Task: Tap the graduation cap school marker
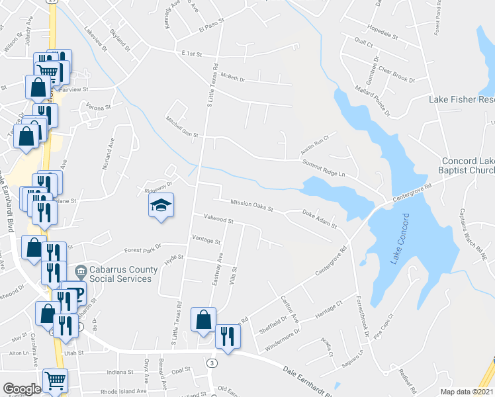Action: tap(161, 205)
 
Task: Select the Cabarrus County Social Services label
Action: tap(120, 274)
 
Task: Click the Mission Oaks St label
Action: tap(252, 206)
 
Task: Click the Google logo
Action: tap(22, 389)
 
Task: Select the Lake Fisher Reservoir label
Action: tap(462, 100)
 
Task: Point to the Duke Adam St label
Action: tap(320, 219)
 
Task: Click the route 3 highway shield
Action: tap(211, 363)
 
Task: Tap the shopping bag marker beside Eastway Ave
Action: tap(203, 320)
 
